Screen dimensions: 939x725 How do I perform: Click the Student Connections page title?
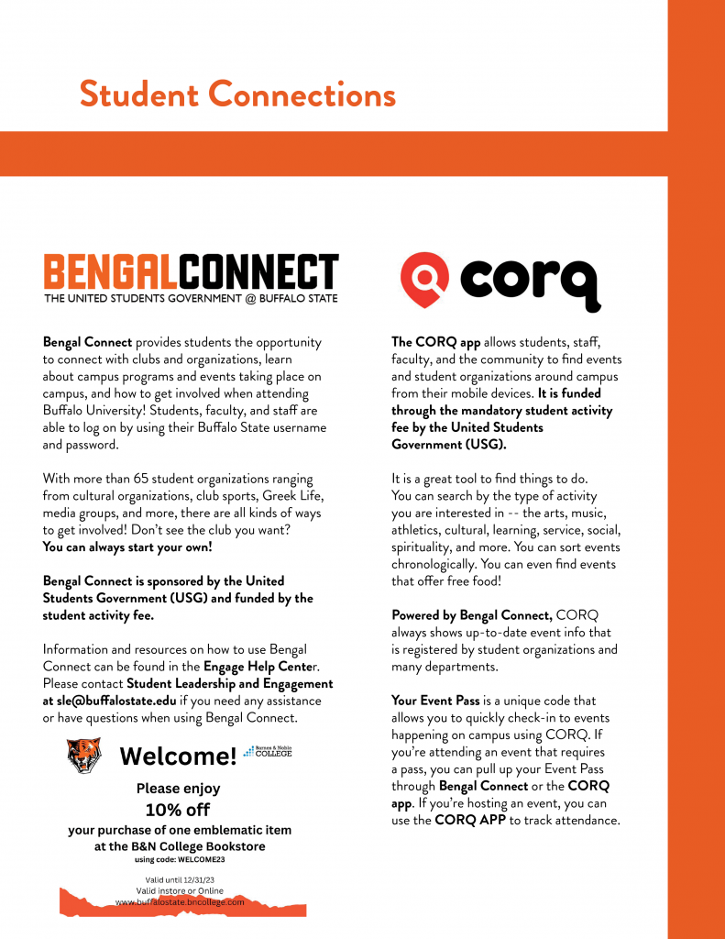[237, 94]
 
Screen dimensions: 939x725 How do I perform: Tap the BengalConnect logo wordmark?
[191, 271]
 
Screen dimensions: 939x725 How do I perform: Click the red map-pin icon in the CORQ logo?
[425, 279]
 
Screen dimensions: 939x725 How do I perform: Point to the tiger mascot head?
[83, 755]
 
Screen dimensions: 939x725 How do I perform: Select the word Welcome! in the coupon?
[178, 757]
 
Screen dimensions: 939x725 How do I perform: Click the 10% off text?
[178, 810]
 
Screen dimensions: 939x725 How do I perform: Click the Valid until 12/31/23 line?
[180, 879]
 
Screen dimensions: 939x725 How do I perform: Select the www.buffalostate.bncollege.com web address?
[180, 901]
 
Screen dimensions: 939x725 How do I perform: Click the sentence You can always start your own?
[127, 547]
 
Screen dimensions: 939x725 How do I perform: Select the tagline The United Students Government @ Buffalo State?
[191, 298]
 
